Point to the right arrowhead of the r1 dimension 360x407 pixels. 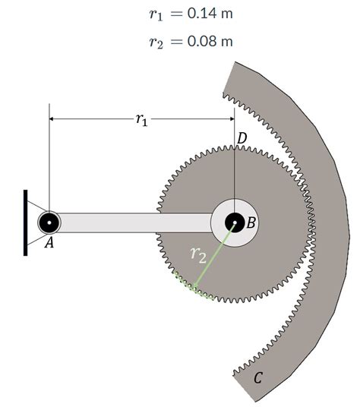230,119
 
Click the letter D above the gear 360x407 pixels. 242,138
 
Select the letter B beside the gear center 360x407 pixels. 251,222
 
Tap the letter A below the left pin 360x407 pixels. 49,245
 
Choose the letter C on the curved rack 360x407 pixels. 257,377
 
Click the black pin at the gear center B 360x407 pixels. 235,222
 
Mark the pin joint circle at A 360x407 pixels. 49,222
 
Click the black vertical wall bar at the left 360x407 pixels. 26,222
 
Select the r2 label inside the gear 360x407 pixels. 197,256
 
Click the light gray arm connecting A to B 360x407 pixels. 133,222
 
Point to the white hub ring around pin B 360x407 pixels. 222,213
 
